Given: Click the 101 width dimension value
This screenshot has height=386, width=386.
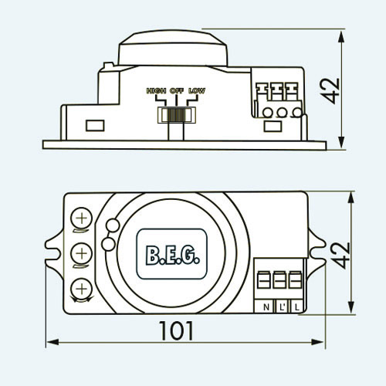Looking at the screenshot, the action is pos(176,330).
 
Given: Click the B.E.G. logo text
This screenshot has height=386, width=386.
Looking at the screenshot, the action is pos(172,256).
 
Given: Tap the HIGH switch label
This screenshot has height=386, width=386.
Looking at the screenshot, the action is pos(156,91).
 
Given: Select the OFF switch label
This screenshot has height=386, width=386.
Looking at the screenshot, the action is pos(177,91).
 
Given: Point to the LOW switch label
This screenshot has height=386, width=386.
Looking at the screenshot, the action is pos(197,91).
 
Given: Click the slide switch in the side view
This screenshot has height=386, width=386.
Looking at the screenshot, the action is pos(177,115).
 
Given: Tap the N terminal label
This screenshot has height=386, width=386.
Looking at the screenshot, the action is pos(266,307).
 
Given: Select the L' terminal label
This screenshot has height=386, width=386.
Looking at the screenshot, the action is pos(282,307).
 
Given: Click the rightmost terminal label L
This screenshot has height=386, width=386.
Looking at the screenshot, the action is pos(297,307).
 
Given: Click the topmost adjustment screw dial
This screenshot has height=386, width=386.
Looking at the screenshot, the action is pos(82,218).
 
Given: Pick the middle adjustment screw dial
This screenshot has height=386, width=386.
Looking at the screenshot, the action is pos(82,254).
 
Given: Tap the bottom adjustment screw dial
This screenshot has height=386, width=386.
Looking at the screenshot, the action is pos(82,289).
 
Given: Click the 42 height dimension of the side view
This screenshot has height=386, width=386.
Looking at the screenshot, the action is pos(330,90).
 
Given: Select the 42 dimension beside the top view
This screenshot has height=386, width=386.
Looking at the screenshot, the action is pos(340,256).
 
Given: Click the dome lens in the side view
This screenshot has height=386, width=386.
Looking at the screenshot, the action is pos(173,49).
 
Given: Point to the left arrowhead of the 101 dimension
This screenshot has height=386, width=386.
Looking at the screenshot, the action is pos(52,342).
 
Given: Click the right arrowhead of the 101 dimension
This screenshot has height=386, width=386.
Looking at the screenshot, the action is pos(317,342).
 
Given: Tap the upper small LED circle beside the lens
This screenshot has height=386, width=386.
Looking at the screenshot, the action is pos(113,225).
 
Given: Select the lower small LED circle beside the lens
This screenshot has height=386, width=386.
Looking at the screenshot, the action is pos(108,244).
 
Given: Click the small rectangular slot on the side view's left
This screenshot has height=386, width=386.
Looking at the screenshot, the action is pos(95,126).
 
